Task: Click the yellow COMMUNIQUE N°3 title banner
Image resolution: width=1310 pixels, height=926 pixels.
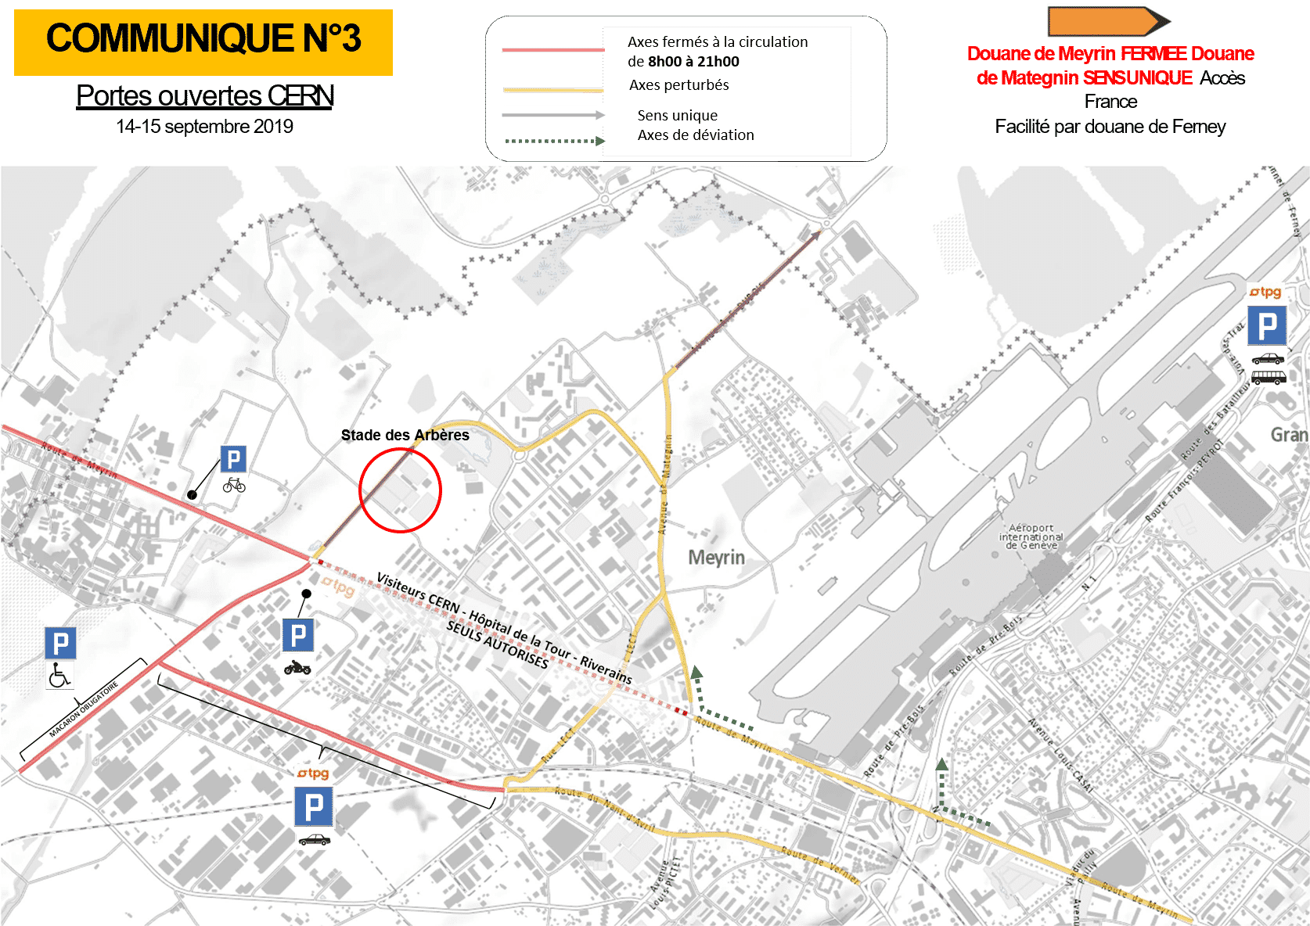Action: coord(203,42)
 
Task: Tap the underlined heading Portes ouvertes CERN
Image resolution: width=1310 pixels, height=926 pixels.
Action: coord(205,95)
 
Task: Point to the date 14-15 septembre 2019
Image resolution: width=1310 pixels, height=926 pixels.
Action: coord(205,127)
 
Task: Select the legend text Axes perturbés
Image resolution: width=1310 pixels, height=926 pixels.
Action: coord(678,85)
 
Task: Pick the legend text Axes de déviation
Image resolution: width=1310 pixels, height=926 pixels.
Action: coord(696,135)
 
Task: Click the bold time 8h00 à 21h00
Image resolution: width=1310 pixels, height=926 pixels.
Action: coord(693,62)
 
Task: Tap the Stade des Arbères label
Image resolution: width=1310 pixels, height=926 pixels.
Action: coord(405,435)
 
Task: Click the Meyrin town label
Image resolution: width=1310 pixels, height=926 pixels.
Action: coord(716,558)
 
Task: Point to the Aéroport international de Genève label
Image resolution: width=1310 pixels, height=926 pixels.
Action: coord(1031,537)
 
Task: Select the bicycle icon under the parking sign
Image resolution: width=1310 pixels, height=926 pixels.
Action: coord(234,486)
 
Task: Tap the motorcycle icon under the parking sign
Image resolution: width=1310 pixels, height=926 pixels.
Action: coord(297,668)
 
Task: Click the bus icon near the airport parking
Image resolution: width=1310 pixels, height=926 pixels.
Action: coord(1268,377)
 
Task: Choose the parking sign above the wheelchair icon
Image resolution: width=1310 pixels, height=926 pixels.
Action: coord(60,644)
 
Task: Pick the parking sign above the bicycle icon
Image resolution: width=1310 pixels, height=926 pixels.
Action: coord(233,459)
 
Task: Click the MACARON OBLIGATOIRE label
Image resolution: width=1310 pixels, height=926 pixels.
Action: coord(84,710)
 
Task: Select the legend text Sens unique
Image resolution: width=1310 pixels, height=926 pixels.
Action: coord(677,116)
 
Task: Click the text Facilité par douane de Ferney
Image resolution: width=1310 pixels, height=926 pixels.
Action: coord(1110,127)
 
